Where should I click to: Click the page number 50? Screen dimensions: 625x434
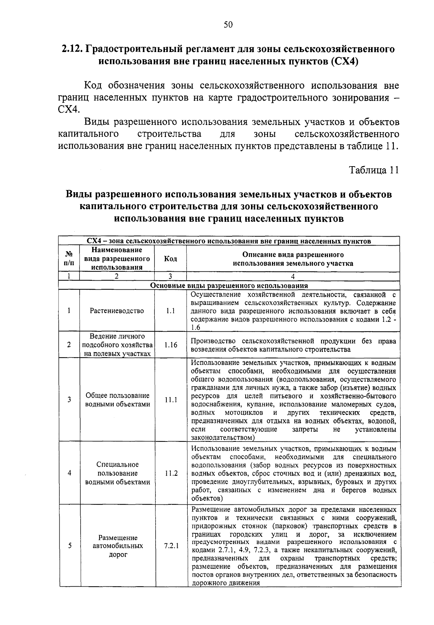228,25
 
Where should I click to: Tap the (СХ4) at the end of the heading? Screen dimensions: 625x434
344,61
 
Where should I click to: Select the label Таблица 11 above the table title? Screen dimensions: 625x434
374,170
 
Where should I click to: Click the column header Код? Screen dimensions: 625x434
170,259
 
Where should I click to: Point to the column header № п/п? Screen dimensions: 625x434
69,258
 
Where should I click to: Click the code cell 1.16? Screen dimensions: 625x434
170,345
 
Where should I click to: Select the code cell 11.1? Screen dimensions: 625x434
170,400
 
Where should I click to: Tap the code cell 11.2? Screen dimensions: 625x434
170,473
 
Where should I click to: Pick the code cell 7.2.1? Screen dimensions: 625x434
170,546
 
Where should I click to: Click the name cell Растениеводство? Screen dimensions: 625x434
117,311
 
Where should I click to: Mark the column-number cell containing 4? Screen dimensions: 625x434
293,277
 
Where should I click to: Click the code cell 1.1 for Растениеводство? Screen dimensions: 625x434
170,311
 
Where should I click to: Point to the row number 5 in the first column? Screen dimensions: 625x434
69,546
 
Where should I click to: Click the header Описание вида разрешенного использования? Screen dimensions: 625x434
293,259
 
